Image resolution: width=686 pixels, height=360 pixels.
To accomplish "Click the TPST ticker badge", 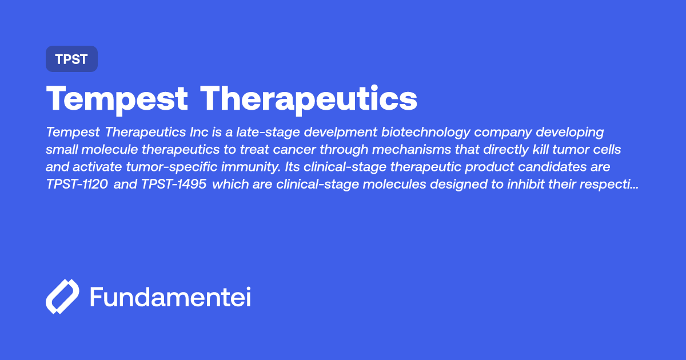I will pos(71,59).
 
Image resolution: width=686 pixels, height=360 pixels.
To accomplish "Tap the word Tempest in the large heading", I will pos(117,99).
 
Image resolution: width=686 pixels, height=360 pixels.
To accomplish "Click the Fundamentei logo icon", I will pos(62,297).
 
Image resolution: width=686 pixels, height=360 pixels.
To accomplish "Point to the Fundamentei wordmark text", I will pos(170,297).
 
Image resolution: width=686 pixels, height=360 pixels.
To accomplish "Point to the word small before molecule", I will pos(61,150).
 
